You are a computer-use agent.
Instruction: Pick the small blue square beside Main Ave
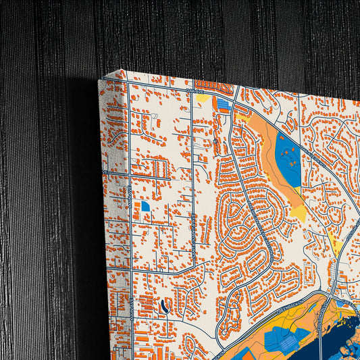(x=145, y=205)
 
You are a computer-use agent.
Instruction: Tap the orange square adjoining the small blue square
(x=139, y=205)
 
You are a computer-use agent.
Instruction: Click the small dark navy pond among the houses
(x=165, y=307)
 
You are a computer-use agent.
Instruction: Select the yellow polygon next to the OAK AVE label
(x=203, y=99)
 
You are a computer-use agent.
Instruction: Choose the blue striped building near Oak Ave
(x=222, y=104)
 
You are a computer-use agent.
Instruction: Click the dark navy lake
(x=317, y=338)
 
